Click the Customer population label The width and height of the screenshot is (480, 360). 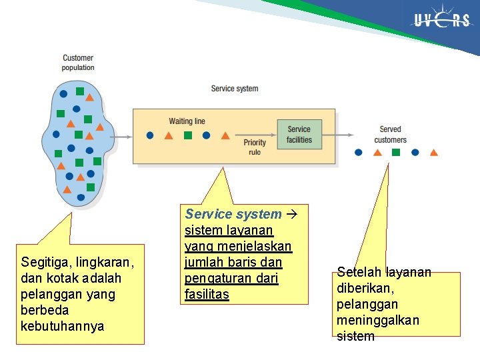tap(78, 63)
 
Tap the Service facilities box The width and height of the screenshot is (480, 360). tap(299, 135)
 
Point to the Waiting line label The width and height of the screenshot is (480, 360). tap(187, 121)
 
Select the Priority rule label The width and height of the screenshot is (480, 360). tap(255, 147)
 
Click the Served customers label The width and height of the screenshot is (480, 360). tap(390, 135)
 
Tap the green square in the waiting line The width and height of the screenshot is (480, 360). tap(188, 135)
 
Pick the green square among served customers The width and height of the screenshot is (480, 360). tap(396, 152)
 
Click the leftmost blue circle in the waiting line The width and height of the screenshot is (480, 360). tap(150, 135)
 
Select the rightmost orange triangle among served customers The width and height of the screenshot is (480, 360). tap(434, 152)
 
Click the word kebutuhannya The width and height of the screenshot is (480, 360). tap(62, 326)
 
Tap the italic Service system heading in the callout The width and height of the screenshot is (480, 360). tap(233, 214)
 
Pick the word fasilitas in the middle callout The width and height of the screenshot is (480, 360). tap(207, 294)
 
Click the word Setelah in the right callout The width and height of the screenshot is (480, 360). tap(360, 272)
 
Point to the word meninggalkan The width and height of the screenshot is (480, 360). tap(378, 320)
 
